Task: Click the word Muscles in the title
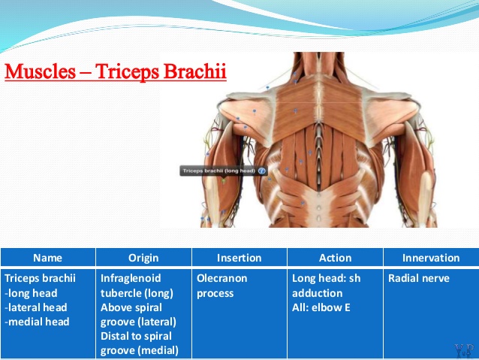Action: pos(40,71)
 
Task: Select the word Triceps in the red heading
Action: pos(128,72)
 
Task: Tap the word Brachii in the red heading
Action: pos(195,71)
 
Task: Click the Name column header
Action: pos(47,258)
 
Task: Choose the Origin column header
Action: pos(143,258)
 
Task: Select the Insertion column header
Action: pos(239,258)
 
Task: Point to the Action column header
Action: pos(335,258)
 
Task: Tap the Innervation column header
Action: pos(431,258)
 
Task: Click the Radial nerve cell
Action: pos(418,278)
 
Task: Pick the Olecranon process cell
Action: pos(221,286)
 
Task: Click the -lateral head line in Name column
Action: pos(36,307)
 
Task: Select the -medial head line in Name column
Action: pos(37,322)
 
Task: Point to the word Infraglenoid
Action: pos(131,278)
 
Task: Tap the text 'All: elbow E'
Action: pos(321,307)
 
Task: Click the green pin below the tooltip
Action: pos(224,181)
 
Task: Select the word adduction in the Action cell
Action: pos(317,293)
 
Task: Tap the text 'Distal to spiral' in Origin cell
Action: pos(136,336)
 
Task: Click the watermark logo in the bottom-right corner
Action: pos(464,350)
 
